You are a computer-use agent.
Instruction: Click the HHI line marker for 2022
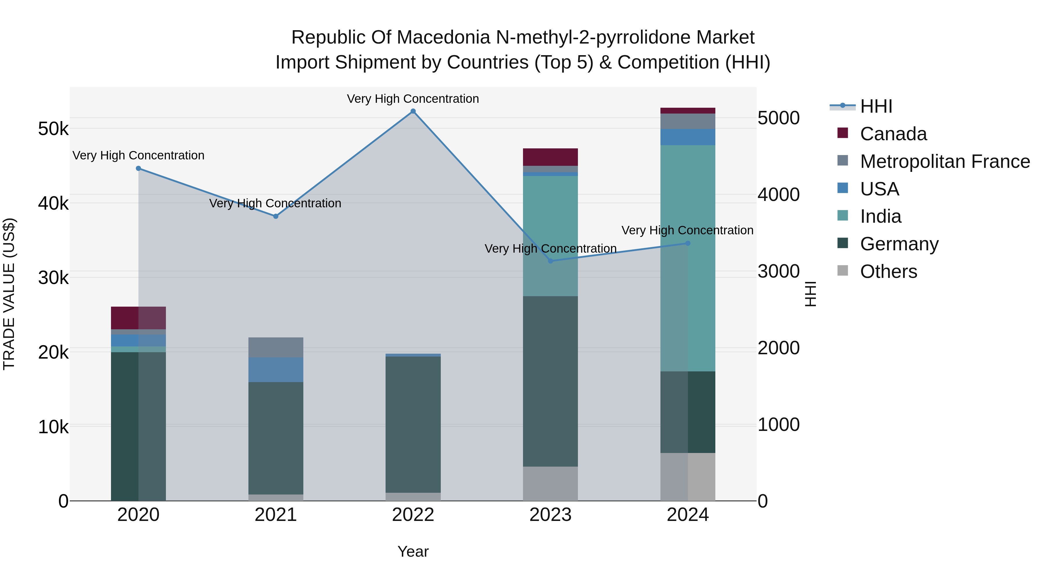click(413, 111)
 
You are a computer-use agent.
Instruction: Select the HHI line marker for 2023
click(550, 261)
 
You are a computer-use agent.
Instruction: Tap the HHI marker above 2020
click(139, 168)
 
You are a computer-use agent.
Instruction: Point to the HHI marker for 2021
click(276, 216)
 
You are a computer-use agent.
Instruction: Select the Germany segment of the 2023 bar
click(550, 382)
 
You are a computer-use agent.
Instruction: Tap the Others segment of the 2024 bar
click(687, 477)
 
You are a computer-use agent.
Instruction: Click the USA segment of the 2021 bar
click(276, 370)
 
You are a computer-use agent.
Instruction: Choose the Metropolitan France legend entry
click(945, 161)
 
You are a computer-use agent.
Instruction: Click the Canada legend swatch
click(843, 133)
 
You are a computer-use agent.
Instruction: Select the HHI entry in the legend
click(876, 106)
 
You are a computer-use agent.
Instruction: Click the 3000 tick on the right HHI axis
click(778, 271)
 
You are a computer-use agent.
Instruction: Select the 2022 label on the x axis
click(413, 515)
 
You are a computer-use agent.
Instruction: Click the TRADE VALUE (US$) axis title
click(9, 294)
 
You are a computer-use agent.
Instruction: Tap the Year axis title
click(413, 551)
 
